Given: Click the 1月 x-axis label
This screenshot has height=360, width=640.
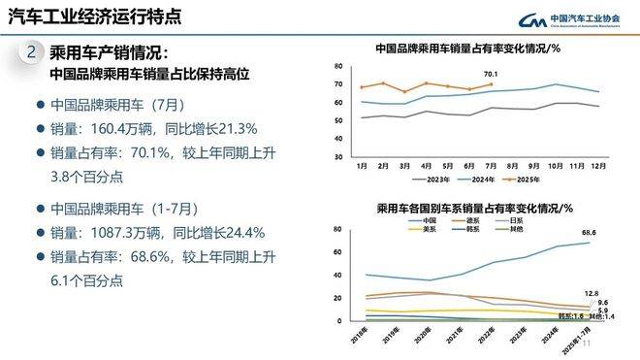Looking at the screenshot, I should (361, 166).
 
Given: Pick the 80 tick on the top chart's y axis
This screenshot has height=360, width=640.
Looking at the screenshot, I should (338, 66).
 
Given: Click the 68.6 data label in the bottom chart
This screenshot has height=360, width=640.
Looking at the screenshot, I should (588, 233).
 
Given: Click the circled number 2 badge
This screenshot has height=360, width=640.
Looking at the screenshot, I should (31, 51).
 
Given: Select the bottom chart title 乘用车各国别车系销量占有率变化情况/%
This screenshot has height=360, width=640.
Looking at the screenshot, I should (474, 208).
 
